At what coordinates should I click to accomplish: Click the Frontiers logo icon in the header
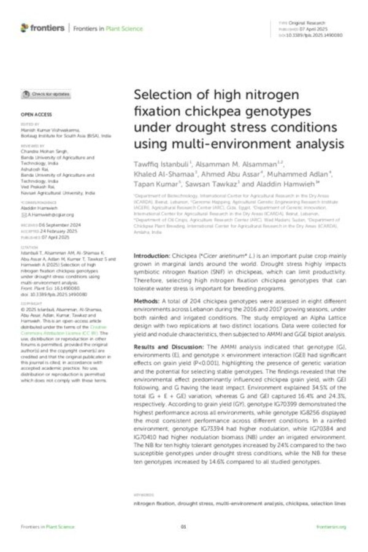click(25, 28)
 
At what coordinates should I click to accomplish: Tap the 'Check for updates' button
click(46, 94)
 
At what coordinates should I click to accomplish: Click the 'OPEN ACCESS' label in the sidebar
click(36, 115)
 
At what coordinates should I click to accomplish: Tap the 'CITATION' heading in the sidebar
click(29, 248)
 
